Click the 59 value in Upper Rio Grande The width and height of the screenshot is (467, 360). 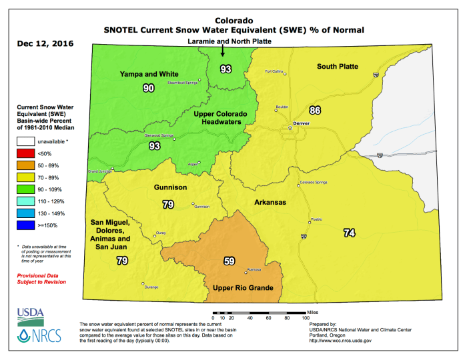tap(229, 261)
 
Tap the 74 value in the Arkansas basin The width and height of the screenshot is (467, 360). tap(349, 233)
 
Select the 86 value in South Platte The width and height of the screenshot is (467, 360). tap(316, 110)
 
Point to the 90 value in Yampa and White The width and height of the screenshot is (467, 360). tap(149, 88)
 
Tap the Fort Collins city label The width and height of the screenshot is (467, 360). tap(274, 71)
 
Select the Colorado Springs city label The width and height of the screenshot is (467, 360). tap(316, 182)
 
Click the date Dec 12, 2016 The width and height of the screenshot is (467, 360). tap(45, 44)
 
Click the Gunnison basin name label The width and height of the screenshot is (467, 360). tap(170, 188)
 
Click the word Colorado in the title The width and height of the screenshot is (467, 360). tap(232, 20)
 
